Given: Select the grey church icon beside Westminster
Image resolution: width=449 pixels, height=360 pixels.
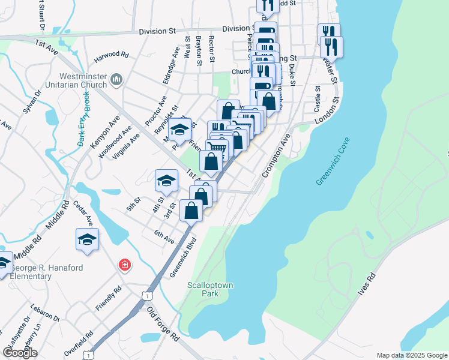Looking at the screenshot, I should coord(116,79).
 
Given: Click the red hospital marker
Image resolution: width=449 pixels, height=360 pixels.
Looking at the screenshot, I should coord(125,265).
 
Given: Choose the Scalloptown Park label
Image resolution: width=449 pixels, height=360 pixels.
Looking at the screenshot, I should coord(209,289).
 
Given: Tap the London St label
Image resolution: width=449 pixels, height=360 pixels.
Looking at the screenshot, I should coord(327,112).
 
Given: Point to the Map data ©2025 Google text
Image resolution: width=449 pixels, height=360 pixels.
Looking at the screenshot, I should coord(411,355).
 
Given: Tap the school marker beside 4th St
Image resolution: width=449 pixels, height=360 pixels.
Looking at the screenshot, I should coord(167,179).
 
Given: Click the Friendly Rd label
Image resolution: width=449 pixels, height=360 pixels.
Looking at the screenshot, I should coord(109,298).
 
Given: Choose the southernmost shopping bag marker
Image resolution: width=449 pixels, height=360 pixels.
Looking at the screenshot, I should coord(191,211).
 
